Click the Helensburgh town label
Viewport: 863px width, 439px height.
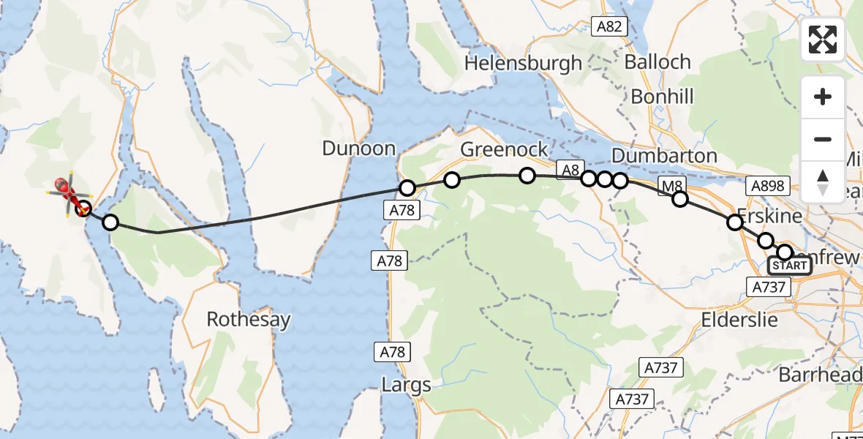tap(523, 64)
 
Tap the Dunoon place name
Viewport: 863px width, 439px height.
tap(358, 149)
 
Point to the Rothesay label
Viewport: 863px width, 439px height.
tap(248, 320)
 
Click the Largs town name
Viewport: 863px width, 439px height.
tap(406, 385)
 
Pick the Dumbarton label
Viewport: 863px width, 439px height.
tap(663, 156)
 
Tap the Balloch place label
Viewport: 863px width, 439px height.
tap(657, 62)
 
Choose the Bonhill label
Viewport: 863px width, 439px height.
tap(662, 97)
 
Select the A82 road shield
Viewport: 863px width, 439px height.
tap(609, 27)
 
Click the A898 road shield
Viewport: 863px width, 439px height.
tap(766, 187)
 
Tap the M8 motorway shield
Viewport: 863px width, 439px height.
tap(671, 187)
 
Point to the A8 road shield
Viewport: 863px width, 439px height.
tap(568, 169)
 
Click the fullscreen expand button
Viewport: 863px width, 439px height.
tap(823, 40)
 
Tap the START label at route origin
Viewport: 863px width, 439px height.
tap(790, 266)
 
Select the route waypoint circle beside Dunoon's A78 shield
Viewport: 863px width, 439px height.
tap(407, 188)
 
